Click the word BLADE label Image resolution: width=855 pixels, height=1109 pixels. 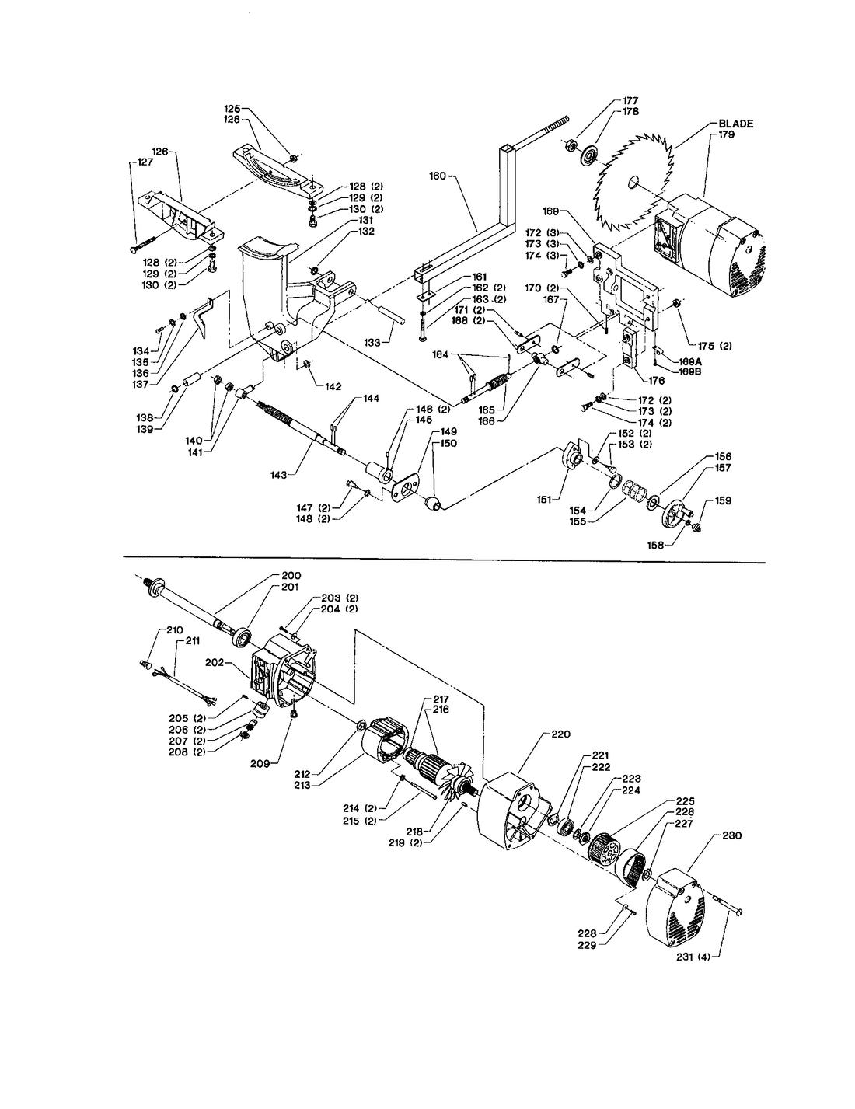tap(735, 124)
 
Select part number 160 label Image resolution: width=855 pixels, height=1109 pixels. tap(437, 176)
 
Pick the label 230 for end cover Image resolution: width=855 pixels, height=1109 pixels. tap(732, 836)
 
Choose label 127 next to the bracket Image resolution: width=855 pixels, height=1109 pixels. tap(145, 162)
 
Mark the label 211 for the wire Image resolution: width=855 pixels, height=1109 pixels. tap(191, 642)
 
